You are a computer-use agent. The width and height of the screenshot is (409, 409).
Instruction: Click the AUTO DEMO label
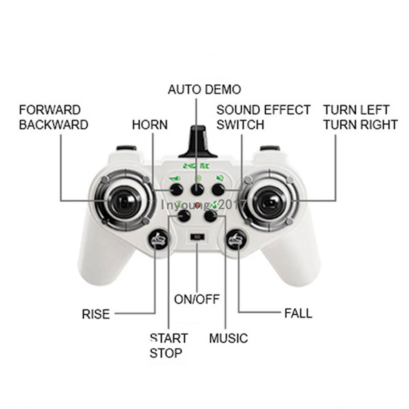tap(204, 89)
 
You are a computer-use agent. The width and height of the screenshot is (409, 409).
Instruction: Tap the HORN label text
tap(150, 125)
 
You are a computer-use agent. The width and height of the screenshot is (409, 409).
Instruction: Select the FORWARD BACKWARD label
tap(54, 117)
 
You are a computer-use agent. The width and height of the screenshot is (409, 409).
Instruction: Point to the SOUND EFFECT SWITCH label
tap(263, 117)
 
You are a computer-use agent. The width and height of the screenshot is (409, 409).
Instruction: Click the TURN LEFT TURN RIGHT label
tap(360, 117)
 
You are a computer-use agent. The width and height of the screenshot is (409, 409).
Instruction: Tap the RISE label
tap(96, 314)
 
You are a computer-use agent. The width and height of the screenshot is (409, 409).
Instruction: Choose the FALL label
tap(298, 314)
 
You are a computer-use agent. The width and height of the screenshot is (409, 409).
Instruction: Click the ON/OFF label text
tap(197, 299)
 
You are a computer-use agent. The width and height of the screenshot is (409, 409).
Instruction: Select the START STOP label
tap(169, 345)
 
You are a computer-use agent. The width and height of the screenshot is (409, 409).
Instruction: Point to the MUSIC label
tap(229, 338)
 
